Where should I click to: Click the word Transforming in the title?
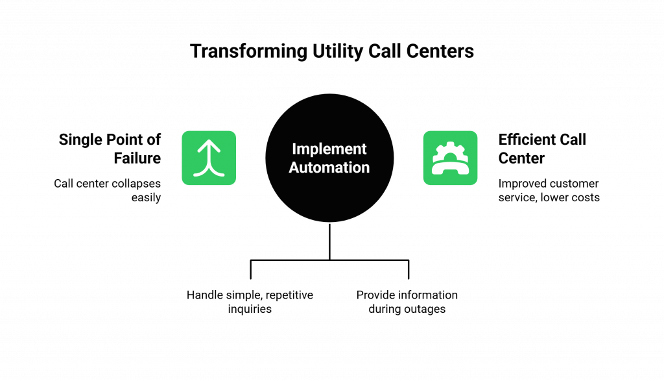coord(248,52)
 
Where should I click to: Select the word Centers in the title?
coord(440,51)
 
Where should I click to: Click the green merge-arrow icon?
coord(209,158)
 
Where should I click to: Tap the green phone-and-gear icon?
coord(450,158)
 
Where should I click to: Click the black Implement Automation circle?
coord(329,158)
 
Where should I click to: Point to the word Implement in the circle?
coord(329,149)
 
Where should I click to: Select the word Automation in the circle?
coord(329,167)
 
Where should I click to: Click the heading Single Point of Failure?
coord(110,149)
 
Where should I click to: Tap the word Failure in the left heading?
coord(137,158)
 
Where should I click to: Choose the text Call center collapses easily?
coord(107,190)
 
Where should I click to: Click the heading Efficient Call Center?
coord(542,149)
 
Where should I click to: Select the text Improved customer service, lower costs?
coord(549,190)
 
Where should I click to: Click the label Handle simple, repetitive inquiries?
coord(250,302)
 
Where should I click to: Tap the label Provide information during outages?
coord(407,302)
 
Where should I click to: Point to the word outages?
coord(424,309)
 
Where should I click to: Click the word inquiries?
coord(250,309)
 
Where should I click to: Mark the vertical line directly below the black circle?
coord(329,241)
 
